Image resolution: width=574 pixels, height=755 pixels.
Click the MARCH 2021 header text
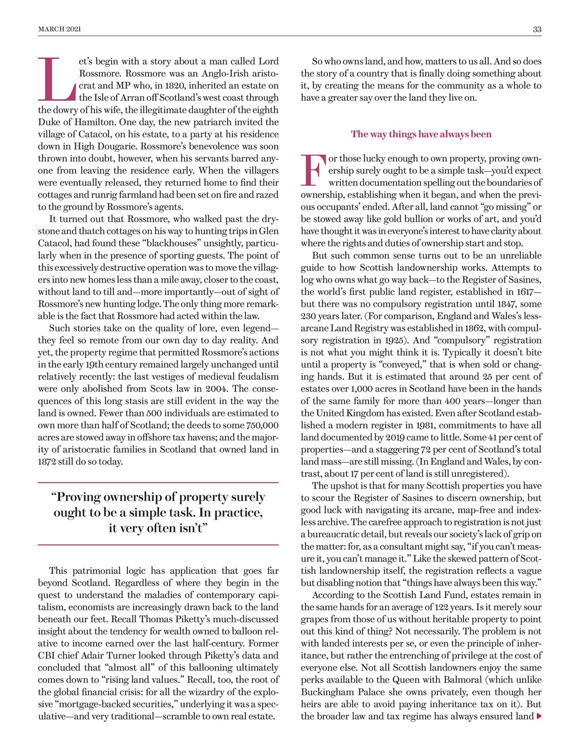60,29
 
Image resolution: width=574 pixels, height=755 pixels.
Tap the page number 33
537,29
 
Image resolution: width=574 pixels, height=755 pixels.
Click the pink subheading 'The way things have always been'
421,134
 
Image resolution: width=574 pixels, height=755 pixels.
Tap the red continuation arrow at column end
539,716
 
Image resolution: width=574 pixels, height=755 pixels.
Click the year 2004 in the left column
213,389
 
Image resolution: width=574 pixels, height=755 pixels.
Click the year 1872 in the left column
50,461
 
